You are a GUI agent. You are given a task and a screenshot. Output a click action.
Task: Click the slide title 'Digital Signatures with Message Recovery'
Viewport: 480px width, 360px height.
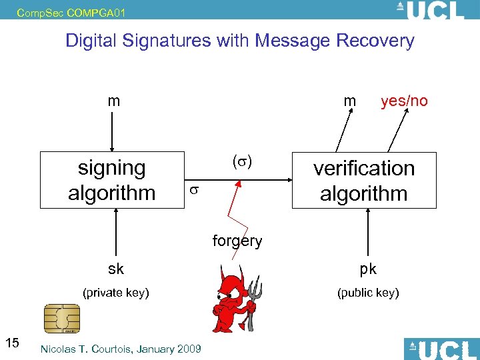[x=239, y=41]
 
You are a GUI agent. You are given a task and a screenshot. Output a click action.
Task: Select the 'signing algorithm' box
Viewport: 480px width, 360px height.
[x=111, y=180]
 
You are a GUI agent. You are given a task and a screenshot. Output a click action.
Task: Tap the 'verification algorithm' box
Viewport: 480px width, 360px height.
[x=363, y=181]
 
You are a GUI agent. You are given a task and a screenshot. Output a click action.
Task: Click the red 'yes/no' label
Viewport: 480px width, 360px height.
[x=404, y=101]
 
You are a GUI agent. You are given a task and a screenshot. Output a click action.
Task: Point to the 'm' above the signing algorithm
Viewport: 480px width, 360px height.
[x=114, y=101]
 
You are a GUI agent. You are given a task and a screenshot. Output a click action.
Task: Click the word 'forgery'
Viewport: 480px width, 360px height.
[x=237, y=241]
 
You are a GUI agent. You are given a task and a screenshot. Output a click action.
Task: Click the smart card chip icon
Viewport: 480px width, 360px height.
[x=61, y=319]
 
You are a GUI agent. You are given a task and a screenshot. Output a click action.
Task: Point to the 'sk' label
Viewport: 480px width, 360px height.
[x=116, y=269]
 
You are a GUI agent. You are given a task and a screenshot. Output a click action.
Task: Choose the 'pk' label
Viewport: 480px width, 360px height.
[x=368, y=269]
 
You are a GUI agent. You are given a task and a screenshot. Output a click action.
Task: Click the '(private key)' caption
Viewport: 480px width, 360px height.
[x=115, y=292]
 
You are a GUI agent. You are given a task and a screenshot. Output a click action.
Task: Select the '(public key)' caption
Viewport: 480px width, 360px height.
[x=368, y=292]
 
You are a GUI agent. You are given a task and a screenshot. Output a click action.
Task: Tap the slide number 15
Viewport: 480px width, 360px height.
[x=12, y=343]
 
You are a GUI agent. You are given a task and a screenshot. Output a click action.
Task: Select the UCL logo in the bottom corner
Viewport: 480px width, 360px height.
[x=441, y=349]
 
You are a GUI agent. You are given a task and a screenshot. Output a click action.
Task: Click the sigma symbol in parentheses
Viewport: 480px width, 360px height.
[x=242, y=162]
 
